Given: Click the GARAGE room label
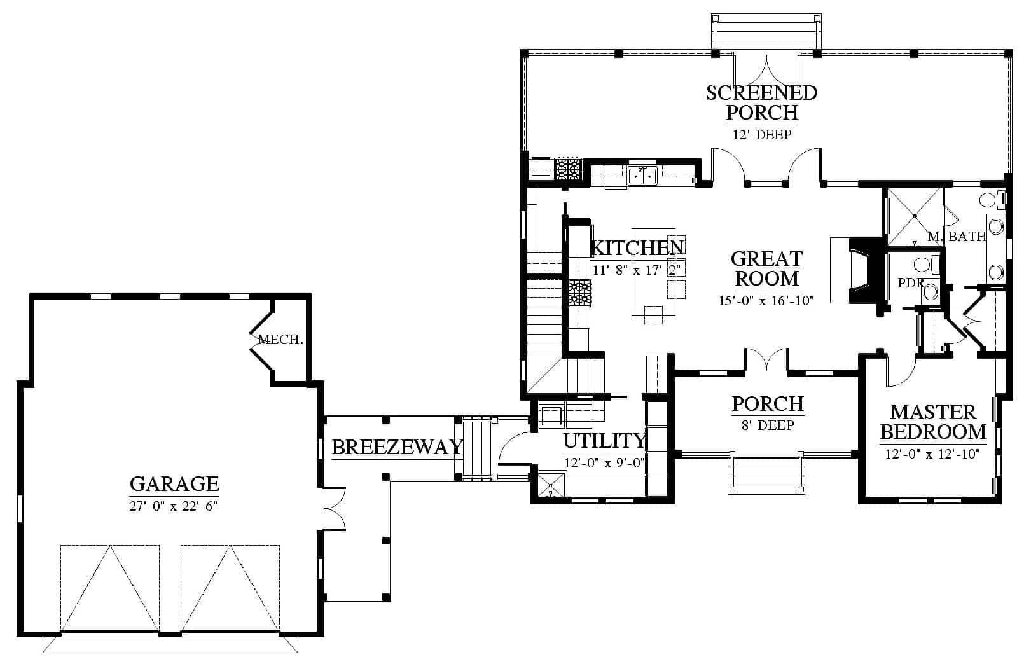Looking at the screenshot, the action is click(174, 483).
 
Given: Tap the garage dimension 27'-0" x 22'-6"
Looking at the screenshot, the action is click(173, 506).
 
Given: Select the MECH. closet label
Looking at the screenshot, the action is click(280, 340).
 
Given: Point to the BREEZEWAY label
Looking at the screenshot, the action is click(397, 447).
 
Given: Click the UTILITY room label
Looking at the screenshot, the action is click(604, 441).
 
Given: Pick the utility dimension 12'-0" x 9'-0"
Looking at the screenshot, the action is click(604, 463).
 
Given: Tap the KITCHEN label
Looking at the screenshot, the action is click(638, 247).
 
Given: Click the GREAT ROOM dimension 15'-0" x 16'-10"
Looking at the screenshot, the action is click(766, 301).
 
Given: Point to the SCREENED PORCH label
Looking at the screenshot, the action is click(761, 102).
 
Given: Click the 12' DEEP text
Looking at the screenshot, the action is click(762, 135).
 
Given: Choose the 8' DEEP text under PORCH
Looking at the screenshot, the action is click(768, 425).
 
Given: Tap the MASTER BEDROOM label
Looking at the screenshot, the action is click(933, 422).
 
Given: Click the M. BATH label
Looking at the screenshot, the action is click(957, 236).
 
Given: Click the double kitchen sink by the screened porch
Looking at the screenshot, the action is click(642, 176).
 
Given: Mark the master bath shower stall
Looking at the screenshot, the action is click(915, 216).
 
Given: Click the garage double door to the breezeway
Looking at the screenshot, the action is click(334, 509).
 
